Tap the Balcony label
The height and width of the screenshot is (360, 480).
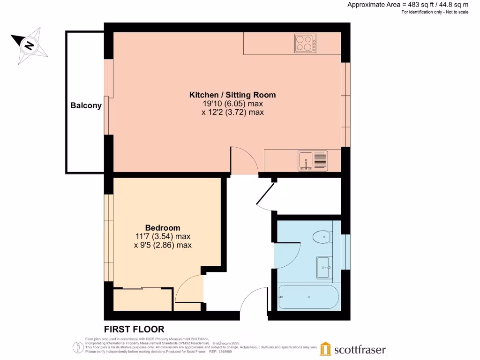coord(86,105)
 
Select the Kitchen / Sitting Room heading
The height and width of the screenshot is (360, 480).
coord(232,95)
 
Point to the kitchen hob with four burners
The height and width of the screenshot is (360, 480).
coord(305,44)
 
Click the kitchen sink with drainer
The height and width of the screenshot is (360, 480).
coord(313,161)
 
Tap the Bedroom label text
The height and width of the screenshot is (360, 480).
coord(163,228)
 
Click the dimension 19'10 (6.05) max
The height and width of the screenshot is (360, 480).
coord(232,104)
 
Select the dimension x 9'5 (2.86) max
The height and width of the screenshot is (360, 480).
coord(163,245)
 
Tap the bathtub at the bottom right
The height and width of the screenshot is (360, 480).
coord(307,297)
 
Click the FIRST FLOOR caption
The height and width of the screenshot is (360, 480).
coord(134,330)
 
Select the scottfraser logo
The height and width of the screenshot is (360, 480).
coord(353,349)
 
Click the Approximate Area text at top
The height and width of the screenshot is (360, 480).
coord(408,5)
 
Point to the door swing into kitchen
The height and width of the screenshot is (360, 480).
coord(244,159)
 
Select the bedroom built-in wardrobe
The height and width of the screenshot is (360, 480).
coord(143,299)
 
